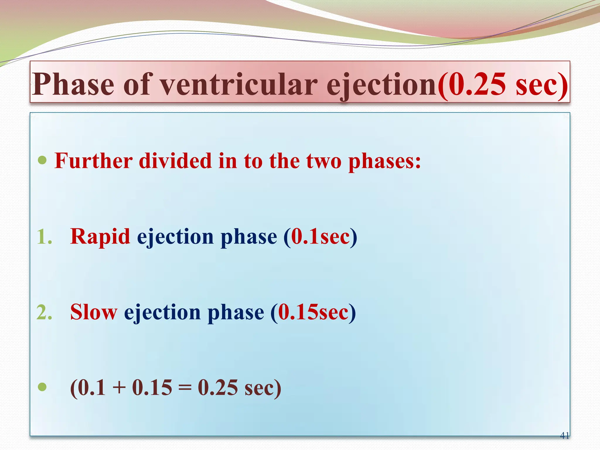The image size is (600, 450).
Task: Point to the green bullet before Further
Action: point(42,160)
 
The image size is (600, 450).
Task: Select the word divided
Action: point(175,161)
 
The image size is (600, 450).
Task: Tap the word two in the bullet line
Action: point(324,161)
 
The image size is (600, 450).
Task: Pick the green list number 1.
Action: point(44,237)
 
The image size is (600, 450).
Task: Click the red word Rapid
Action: point(100,237)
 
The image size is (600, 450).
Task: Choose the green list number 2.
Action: point(44,312)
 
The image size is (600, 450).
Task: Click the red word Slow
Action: point(94,312)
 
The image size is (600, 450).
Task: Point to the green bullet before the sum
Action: point(42,387)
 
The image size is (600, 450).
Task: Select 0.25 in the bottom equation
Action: point(218,388)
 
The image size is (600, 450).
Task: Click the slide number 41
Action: point(564,436)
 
